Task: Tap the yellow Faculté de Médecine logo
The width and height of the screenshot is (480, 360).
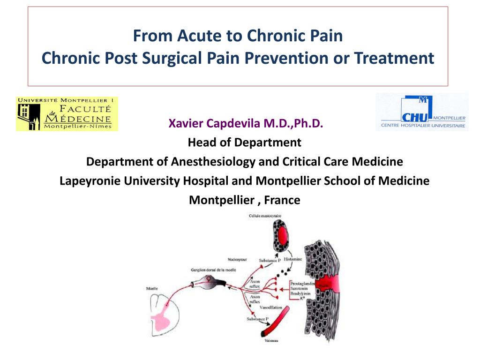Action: click(x=67, y=114)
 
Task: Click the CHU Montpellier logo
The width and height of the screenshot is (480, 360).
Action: click(x=422, y=112)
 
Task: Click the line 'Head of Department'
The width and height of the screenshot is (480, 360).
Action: click(x=244, y=142)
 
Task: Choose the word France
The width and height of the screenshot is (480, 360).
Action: click(x=282, y=200)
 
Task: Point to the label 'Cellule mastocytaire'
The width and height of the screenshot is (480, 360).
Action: click(x=265, y=216)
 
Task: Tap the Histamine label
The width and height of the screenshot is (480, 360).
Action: click(x=293, y=259)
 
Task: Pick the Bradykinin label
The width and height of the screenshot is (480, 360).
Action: click(x=301, y=293)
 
